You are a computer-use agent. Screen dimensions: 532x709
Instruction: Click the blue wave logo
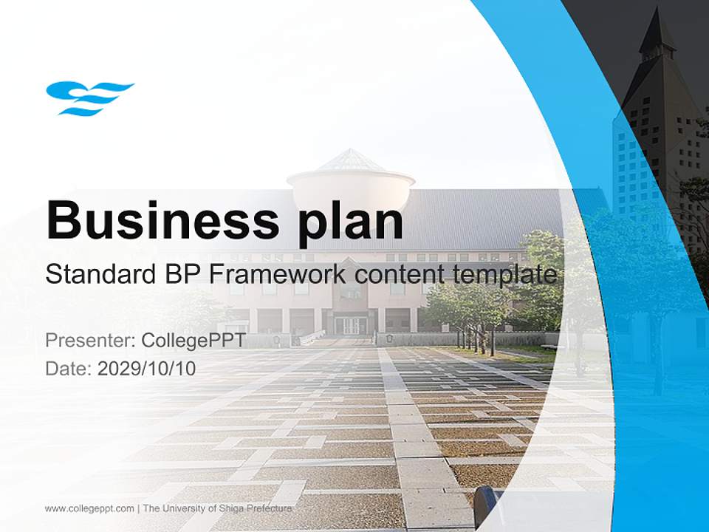click(x=89, y=98)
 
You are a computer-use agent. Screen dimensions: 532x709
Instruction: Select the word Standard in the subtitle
click(x=97, y=275)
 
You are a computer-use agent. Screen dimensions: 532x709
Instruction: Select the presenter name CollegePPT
click(x=193, y=341)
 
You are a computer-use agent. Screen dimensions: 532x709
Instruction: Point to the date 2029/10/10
click(x=147, y=368)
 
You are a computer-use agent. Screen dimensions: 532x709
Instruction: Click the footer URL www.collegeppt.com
click(x=89, y=508)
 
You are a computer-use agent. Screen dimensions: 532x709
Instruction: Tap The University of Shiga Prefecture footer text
click(x=217, y=508)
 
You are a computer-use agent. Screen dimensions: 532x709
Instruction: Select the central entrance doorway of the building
click(x=350, y=324)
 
